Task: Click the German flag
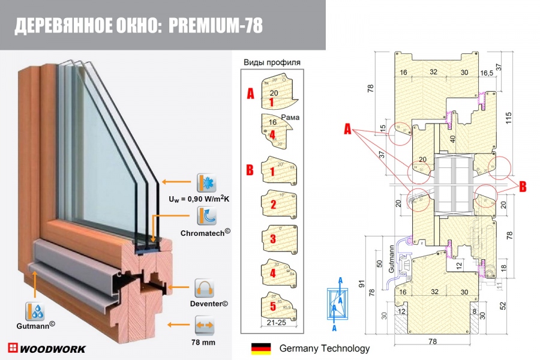pyautogui.click(x=261, y=348)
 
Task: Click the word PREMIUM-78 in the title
pyautogui.click(x=216, y=26)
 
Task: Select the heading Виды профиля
pyautogui.click(x=272, y=62)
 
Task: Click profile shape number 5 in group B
pyautogui.click(x=275, y=307)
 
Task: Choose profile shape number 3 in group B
pyautogui.click(x=275, y=239)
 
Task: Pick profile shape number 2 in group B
pyautogui.click(x=275, y=205)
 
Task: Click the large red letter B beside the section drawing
pyautogui.click(x=522, y=187)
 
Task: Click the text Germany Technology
pyautogui.click(x=325, y=348)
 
